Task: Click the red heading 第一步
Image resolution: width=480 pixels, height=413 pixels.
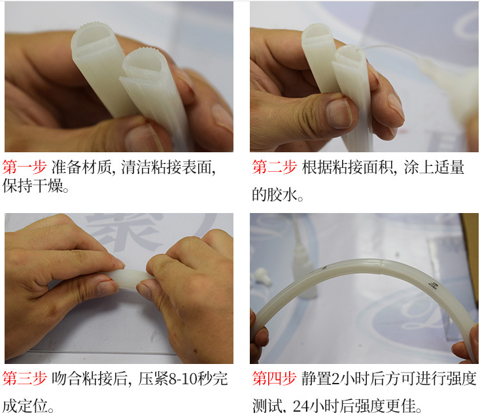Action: (24, 167)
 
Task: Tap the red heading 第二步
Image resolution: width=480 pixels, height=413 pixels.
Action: (274, 167)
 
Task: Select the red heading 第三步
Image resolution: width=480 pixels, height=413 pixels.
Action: (24, 378)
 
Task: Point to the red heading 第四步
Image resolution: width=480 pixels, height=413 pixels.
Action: (274, 378)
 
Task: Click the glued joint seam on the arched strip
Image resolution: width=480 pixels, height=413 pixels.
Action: (379, 265)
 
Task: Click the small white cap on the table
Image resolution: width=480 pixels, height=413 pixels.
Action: (262, 276)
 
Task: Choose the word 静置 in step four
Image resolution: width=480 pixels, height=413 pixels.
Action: (316, 378)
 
